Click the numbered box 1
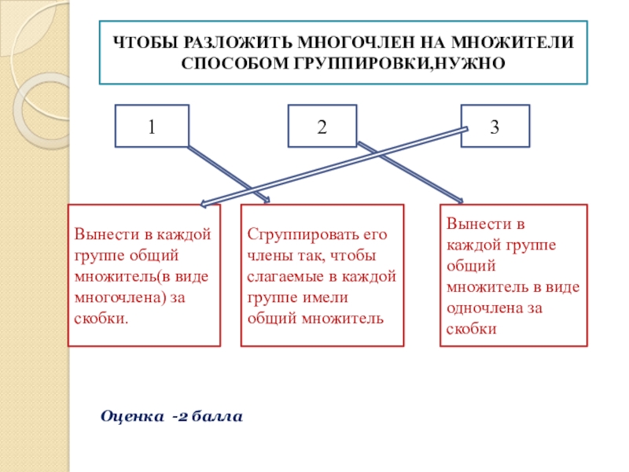coord(152,126)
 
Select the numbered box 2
coord(322,126)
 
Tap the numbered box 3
coord(495,126)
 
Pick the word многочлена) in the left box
coord(113,298)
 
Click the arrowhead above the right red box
coord(460,200)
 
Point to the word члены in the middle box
coord(267,256)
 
